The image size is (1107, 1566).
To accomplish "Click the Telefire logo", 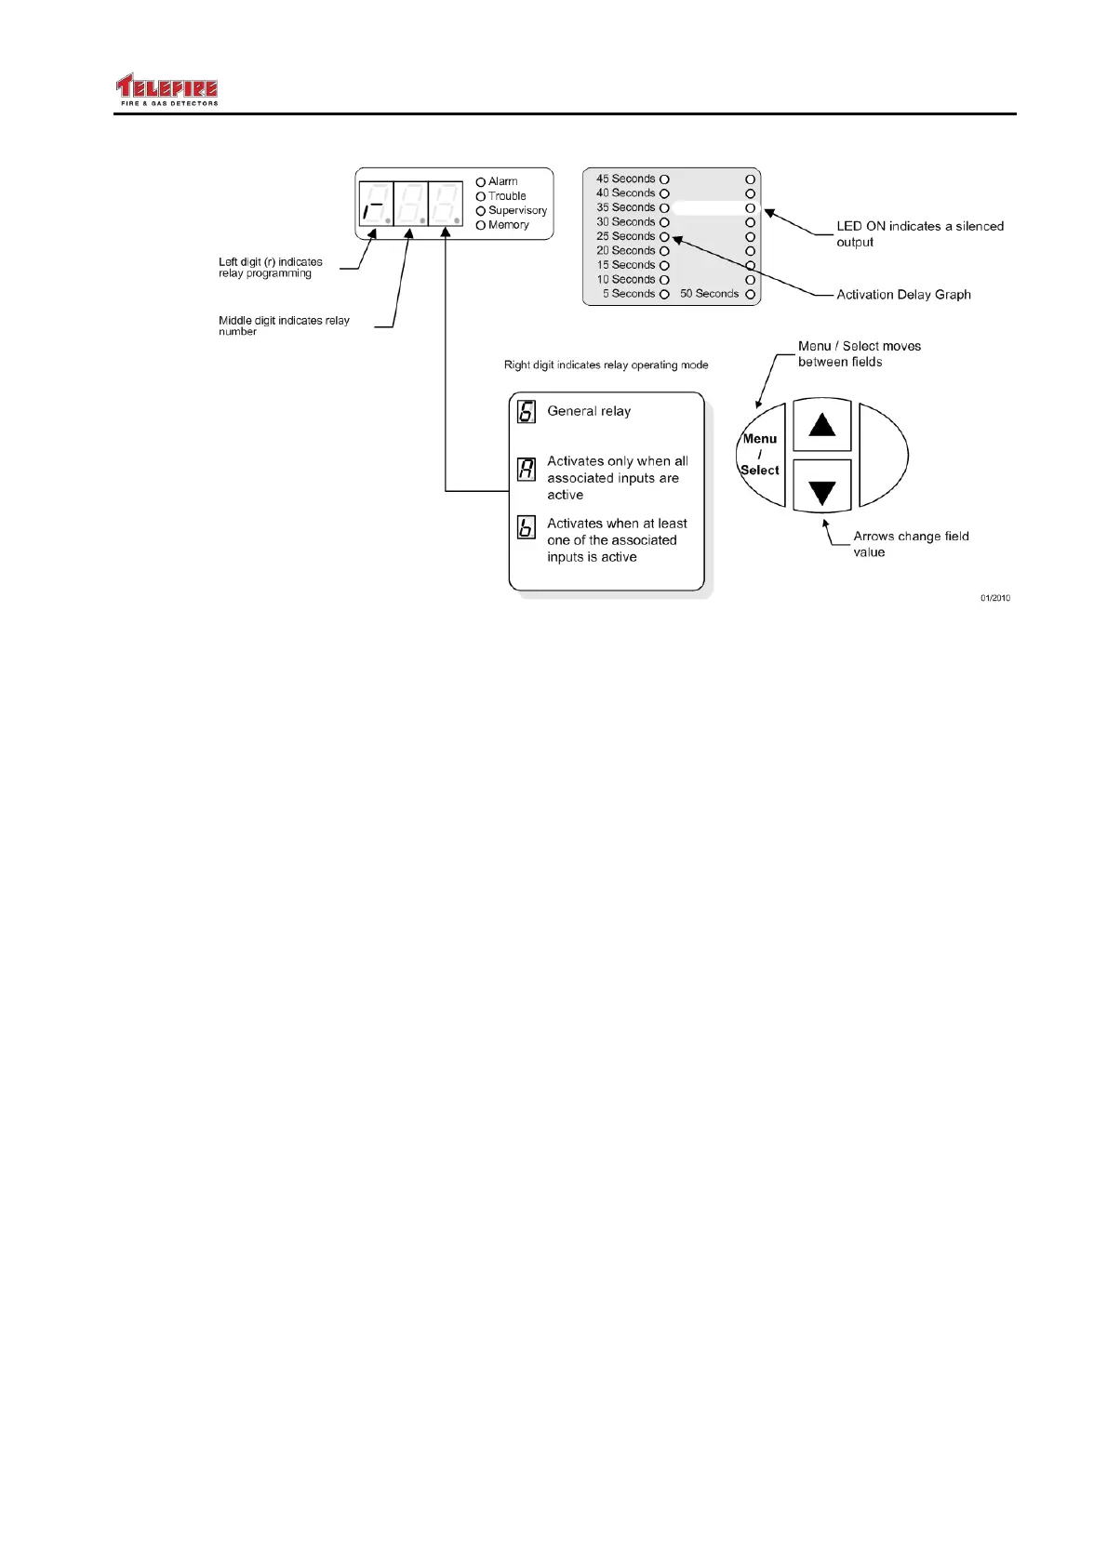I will tap(167, 89).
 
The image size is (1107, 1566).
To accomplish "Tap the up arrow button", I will tap(822, 426).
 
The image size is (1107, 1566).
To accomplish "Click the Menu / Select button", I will tap(761, 455).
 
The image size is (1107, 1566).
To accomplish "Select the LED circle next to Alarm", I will tap(481, 182).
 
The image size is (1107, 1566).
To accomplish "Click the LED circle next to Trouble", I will tap(481, 196).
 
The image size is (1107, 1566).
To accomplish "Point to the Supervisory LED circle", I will tap(481, 211).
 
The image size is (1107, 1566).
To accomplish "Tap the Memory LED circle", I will tap(481, 225).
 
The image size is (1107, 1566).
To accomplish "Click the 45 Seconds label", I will tap(625, 179).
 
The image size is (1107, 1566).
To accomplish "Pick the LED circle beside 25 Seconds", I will tap(664, 236).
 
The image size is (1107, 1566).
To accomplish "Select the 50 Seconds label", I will tap(709, 294).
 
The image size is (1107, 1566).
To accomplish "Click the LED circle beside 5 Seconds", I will tap(664, 294).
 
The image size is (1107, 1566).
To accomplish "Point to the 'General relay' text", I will tap(589, 411).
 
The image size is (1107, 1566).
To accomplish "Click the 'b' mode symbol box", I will tap(527, 527).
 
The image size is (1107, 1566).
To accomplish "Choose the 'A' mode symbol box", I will tap(527, 469).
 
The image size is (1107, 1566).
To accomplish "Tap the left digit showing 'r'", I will tap(376, 204).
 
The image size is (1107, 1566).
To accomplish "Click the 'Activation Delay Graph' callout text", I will tap(903, 295).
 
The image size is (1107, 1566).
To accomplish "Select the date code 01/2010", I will tap(994, 598).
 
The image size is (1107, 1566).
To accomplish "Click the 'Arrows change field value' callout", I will tap(911, 544).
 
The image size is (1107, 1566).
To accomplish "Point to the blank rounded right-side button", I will tap(881, 455).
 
